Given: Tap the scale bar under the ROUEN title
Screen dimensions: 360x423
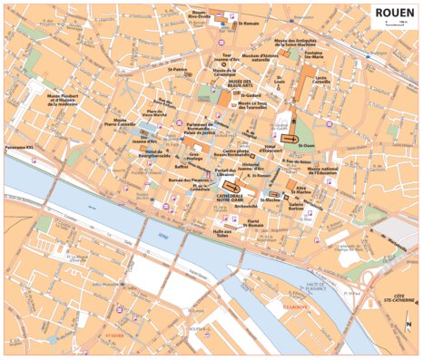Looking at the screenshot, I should pos(394,24).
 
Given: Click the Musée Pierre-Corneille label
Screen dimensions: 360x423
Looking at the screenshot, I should pos(113,123).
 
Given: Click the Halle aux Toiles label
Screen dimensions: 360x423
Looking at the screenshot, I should pos(222,232).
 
